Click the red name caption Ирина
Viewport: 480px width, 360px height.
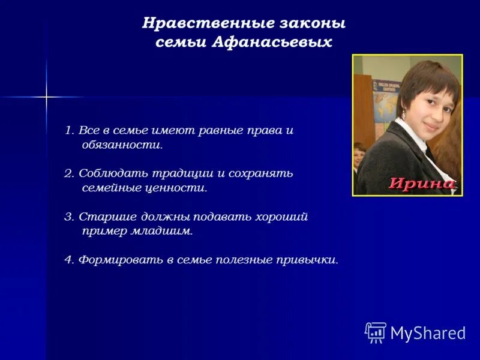[422, 184]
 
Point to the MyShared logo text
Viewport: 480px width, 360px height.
[428, 333]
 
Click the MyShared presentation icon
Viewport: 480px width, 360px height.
[376, 332]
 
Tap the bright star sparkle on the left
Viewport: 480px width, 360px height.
[46, 97]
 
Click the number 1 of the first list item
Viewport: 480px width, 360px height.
[68, 130]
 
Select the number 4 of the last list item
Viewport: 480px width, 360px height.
[68, 260]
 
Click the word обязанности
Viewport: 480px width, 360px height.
[122, 145]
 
